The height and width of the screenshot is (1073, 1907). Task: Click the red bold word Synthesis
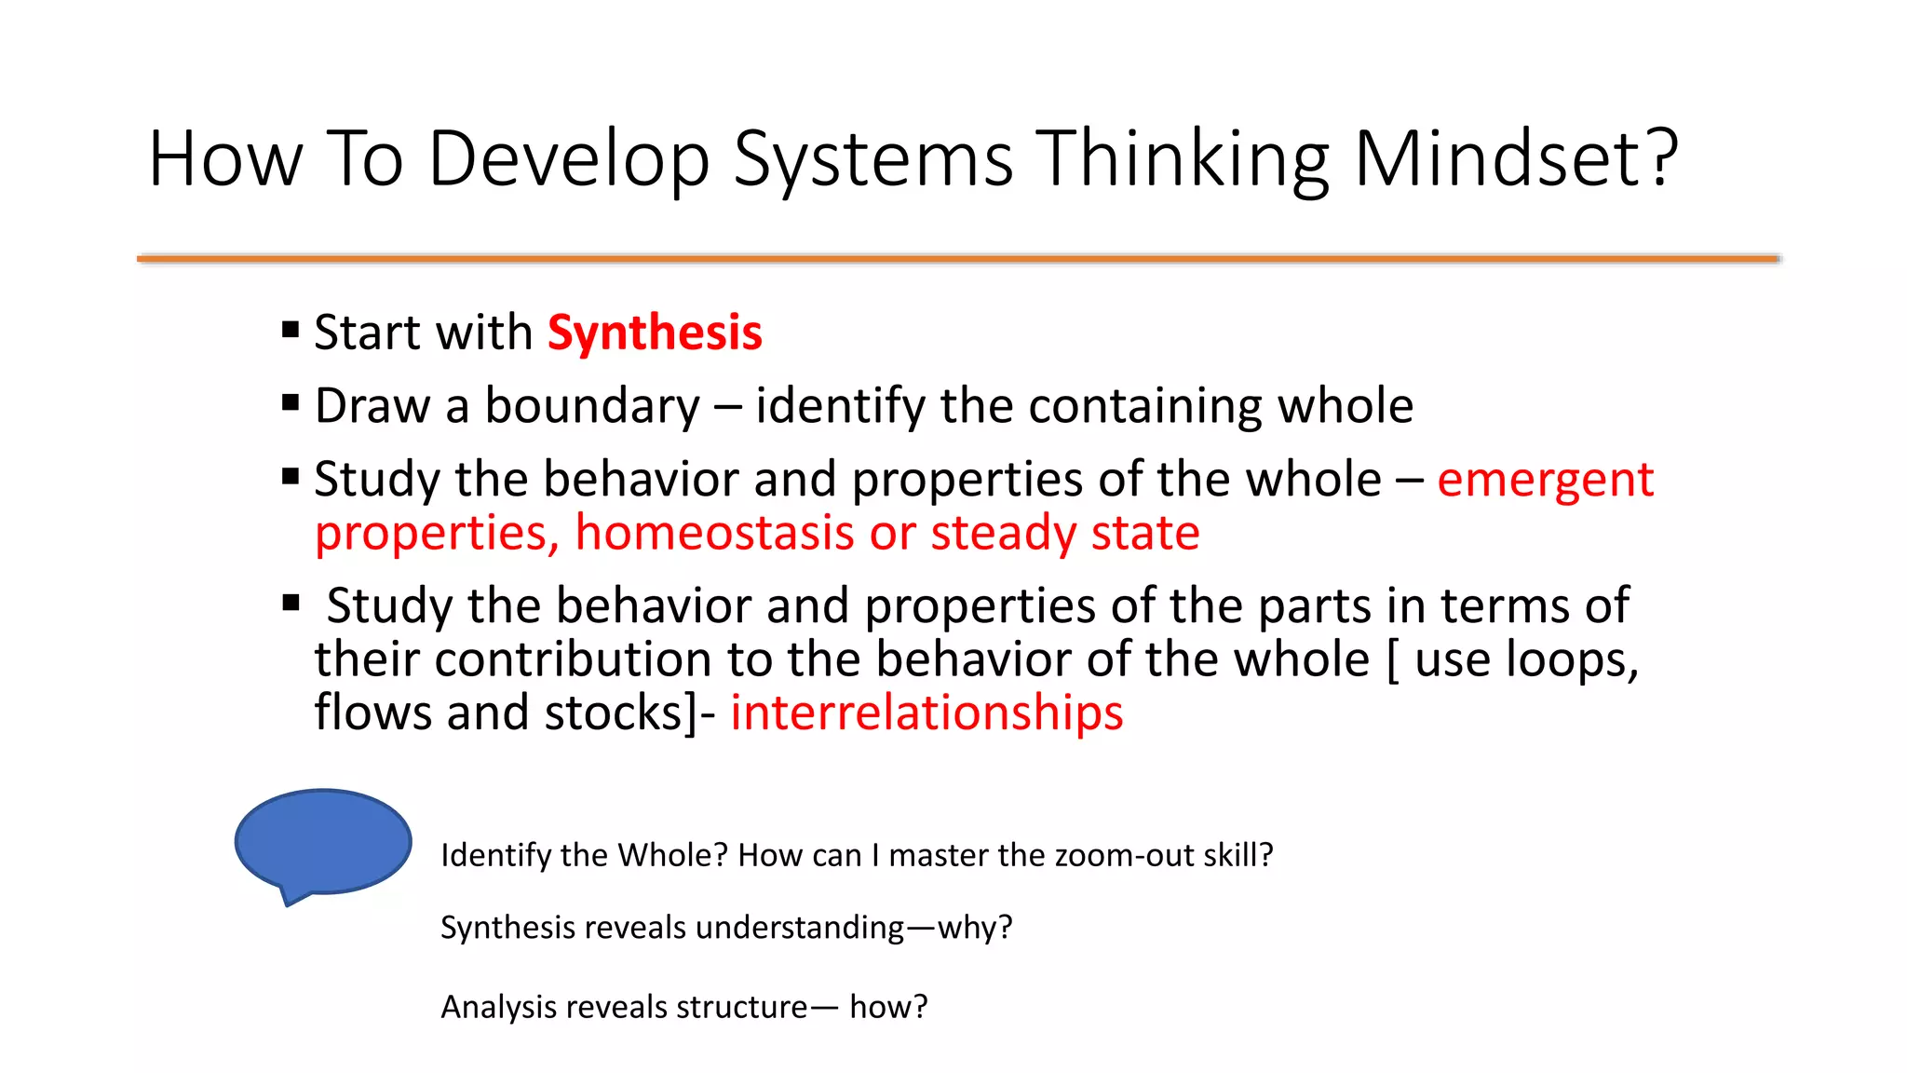655,333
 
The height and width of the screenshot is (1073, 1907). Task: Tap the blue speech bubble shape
322,841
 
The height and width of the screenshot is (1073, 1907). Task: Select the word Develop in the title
568,160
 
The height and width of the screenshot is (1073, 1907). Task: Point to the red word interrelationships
926,713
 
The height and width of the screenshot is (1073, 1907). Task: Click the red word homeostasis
714,533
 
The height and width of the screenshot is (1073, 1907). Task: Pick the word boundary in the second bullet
592,406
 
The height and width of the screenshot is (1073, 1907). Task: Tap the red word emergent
1545,480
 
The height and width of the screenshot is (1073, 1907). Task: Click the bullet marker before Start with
291,330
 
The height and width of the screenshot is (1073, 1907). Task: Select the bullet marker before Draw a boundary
291,403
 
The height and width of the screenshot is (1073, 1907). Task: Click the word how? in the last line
888,1007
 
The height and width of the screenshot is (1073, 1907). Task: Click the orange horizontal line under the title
957,258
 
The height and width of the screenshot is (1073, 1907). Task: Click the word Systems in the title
872,160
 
